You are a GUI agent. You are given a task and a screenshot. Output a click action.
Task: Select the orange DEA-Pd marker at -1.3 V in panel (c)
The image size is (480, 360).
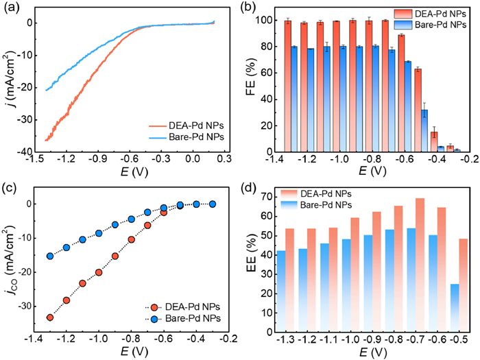[50, 317]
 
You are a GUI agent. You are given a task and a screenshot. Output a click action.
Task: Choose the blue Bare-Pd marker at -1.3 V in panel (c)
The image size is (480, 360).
[50, 256]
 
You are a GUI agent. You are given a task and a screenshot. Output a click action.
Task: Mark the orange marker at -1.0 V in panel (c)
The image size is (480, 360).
[99, 272]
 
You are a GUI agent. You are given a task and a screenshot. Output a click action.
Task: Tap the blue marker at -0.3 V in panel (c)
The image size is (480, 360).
[212, 204]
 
